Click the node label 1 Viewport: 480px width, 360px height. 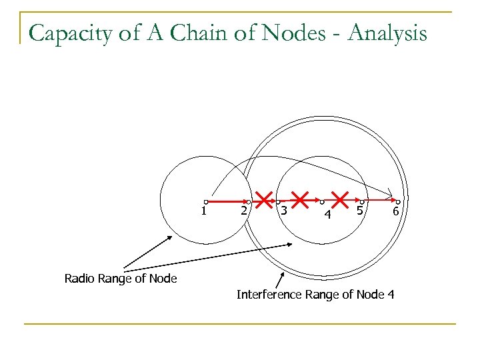(x=203, y=211)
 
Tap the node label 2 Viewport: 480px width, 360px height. (x=244, y=211)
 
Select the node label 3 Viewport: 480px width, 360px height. (x=283, y=211)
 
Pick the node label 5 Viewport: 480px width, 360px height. (x=359, y=211)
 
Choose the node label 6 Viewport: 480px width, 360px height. (x=395, y=211)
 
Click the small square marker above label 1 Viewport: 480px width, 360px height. (x=207, y=201)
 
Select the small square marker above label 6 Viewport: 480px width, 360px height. (x=398, y=201)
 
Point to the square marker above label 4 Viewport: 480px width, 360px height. (x=322, y=201)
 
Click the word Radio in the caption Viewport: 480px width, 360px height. (x=79, y=279)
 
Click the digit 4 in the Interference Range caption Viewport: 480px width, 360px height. (x=391, y=294)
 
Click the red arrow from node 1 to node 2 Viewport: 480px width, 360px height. (x=227, y=200)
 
